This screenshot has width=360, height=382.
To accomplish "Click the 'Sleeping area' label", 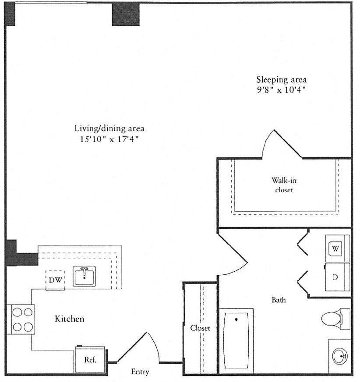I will pyautogui.click(x=281, y=80).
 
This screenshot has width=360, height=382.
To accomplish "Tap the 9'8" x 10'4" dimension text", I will pyautogui.click(x=281, y=91).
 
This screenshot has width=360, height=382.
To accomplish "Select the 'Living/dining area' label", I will pyautogui.click(x=109, y=129).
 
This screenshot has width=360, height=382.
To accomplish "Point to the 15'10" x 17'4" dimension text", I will pyautogui.click(x=109, y=140).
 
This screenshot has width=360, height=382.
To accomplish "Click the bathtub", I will pyautogui.click(x=236, y=340).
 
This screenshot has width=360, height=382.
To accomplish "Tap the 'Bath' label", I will pyautogui.click(x=279, y=300).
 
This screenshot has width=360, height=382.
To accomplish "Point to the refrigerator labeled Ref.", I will pyautogui.click(x=90, y=360).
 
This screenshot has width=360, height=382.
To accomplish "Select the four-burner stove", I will pyautogui.click(x=21, y=319).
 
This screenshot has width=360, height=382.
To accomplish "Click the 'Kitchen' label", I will pyautogui.click(x=69, y=319).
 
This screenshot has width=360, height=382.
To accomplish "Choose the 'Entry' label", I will pyautogui.click(x=140, y=372).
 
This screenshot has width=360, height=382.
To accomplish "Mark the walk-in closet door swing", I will pyautogui.click(x=282, y=144).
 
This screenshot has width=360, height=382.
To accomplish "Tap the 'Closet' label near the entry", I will pyautogui.click(x=200, y=328).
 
